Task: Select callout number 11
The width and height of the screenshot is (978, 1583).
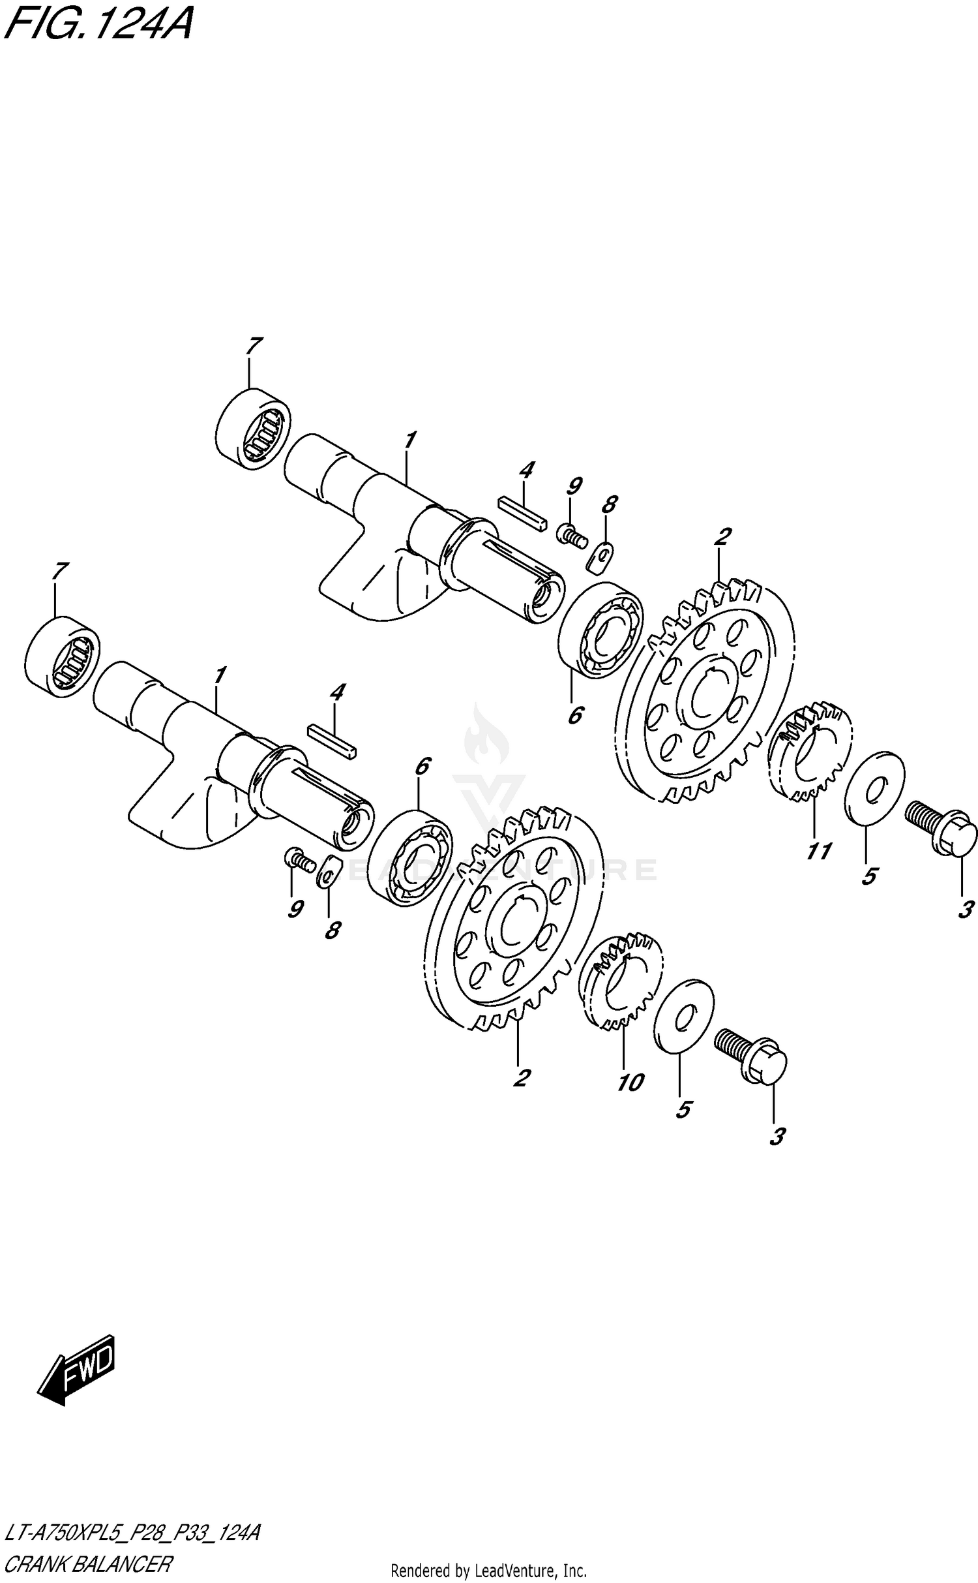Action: click(x=818, y=851)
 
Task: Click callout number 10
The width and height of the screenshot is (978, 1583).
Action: click(x=630, y=1083)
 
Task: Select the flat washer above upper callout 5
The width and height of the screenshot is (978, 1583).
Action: click(x=874, y=788)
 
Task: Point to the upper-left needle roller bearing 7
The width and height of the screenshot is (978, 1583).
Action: click(x=253, y=428)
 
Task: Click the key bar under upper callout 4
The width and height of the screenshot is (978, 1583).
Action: click(x=520, y=514)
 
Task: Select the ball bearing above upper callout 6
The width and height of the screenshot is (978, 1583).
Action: click(x=601, y=630)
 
